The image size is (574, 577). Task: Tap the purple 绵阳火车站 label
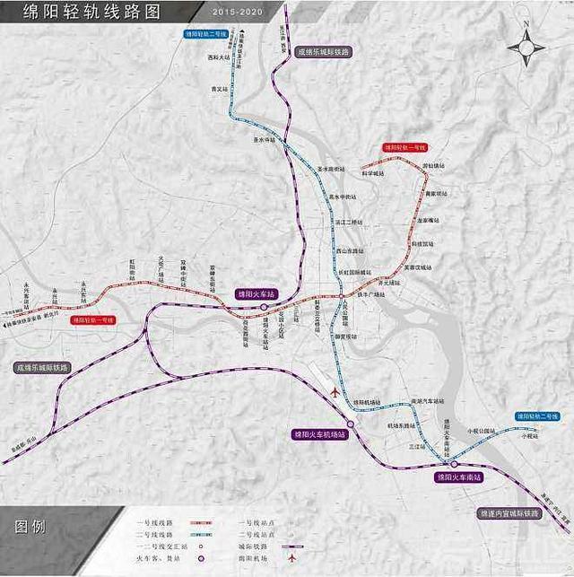pyautogui.click(x=257, y=293)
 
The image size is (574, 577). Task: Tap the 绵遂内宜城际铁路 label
pyautogui.click(x=509, y=514)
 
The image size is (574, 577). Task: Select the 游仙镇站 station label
pyautogui.click(x=433, y=165)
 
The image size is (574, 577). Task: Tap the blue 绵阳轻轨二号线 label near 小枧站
pyautogui.click(x=537, y=416)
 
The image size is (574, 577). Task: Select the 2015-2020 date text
pyautogui.click(x=239, y=13)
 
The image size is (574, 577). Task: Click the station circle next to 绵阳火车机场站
pyautogui.click(x=351, y=424)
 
